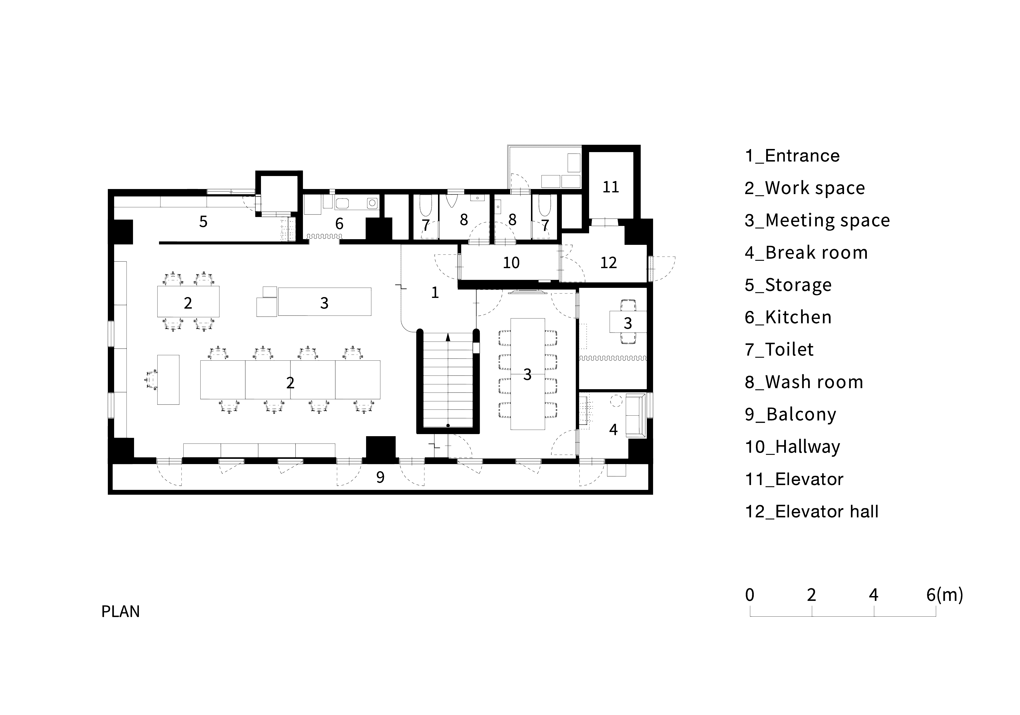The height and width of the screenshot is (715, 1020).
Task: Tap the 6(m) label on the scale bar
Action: [x=944, y=595]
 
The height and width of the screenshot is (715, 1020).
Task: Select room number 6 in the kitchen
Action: [x=339, y=223]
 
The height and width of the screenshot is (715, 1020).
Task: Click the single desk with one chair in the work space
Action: [x=168, y=380]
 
